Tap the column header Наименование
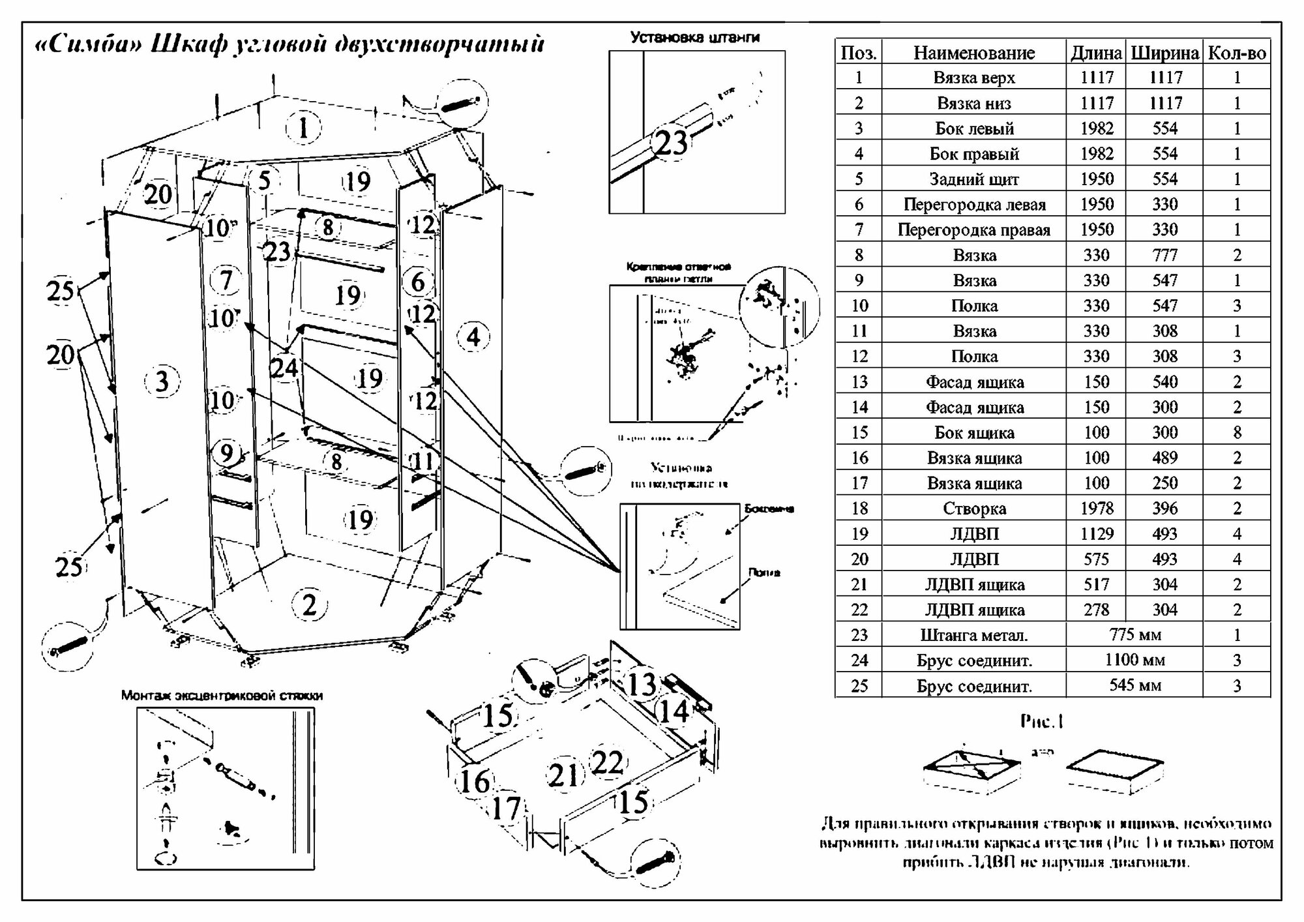pyautogui.click(x=973, y=53)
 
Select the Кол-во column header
pyautogui.click(x=1237, y=53)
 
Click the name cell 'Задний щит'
pyautogui.click(x=973, y=179)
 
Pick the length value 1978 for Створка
pyautogui.click(x=1097, y=509)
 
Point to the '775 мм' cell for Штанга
pyautogui.click(x=1134, y=634)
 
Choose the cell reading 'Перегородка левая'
pyautogui.click(x=973, y=205)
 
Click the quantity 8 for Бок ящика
pyautogui.click(x=1237, y=432)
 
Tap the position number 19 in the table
pyautogui.click(x=859, y=534)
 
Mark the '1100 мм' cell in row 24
pyautogui.click(x=1134, y=660)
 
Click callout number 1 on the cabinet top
pyautogui.click(x=303, y=128)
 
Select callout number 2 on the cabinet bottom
pyautogui.click(x=309, y=605)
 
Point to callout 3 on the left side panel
pyautogui.click(x=162, y=381)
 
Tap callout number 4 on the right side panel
pyautogui.click(x=473, y=337)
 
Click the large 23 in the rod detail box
pyautogui.click(x=672, y=143)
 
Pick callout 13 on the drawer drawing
pyautogui.click(x=641, y=685)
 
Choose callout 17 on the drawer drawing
pyautogui.click(x=506, y=809)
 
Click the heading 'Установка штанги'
pyautogui.click(x=694, y=38)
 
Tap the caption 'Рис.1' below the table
pyautogui.click(x=1041, y=721)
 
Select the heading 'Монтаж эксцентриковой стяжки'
pyautogui.click(x=222, y=696)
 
